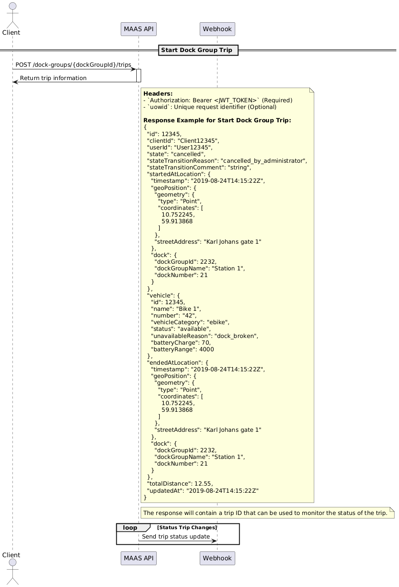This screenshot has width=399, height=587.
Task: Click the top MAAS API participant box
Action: point(138,29)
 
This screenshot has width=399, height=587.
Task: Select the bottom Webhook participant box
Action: point(217,558)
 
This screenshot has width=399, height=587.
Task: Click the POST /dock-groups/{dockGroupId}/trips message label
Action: point(73,65)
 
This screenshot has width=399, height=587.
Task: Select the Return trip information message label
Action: point(53,78)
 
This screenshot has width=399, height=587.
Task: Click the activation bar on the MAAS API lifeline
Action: point(138,76)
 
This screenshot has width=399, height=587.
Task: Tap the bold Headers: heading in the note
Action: point(158,93)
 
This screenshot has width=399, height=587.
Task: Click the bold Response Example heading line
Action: point(217,121)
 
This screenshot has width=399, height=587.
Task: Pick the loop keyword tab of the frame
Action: point(130,527)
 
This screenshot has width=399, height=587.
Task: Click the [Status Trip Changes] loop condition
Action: point(187,527)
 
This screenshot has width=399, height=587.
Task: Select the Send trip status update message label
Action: point(176,536)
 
